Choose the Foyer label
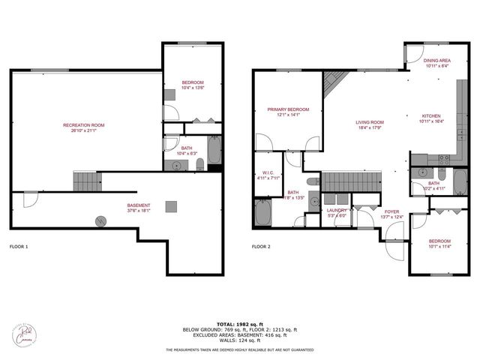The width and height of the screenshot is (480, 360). tap(392, 214)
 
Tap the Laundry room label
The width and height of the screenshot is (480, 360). tap(337, 213)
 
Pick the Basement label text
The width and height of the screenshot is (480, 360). tap(138, 208)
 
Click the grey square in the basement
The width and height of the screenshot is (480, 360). tap(172, 205)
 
